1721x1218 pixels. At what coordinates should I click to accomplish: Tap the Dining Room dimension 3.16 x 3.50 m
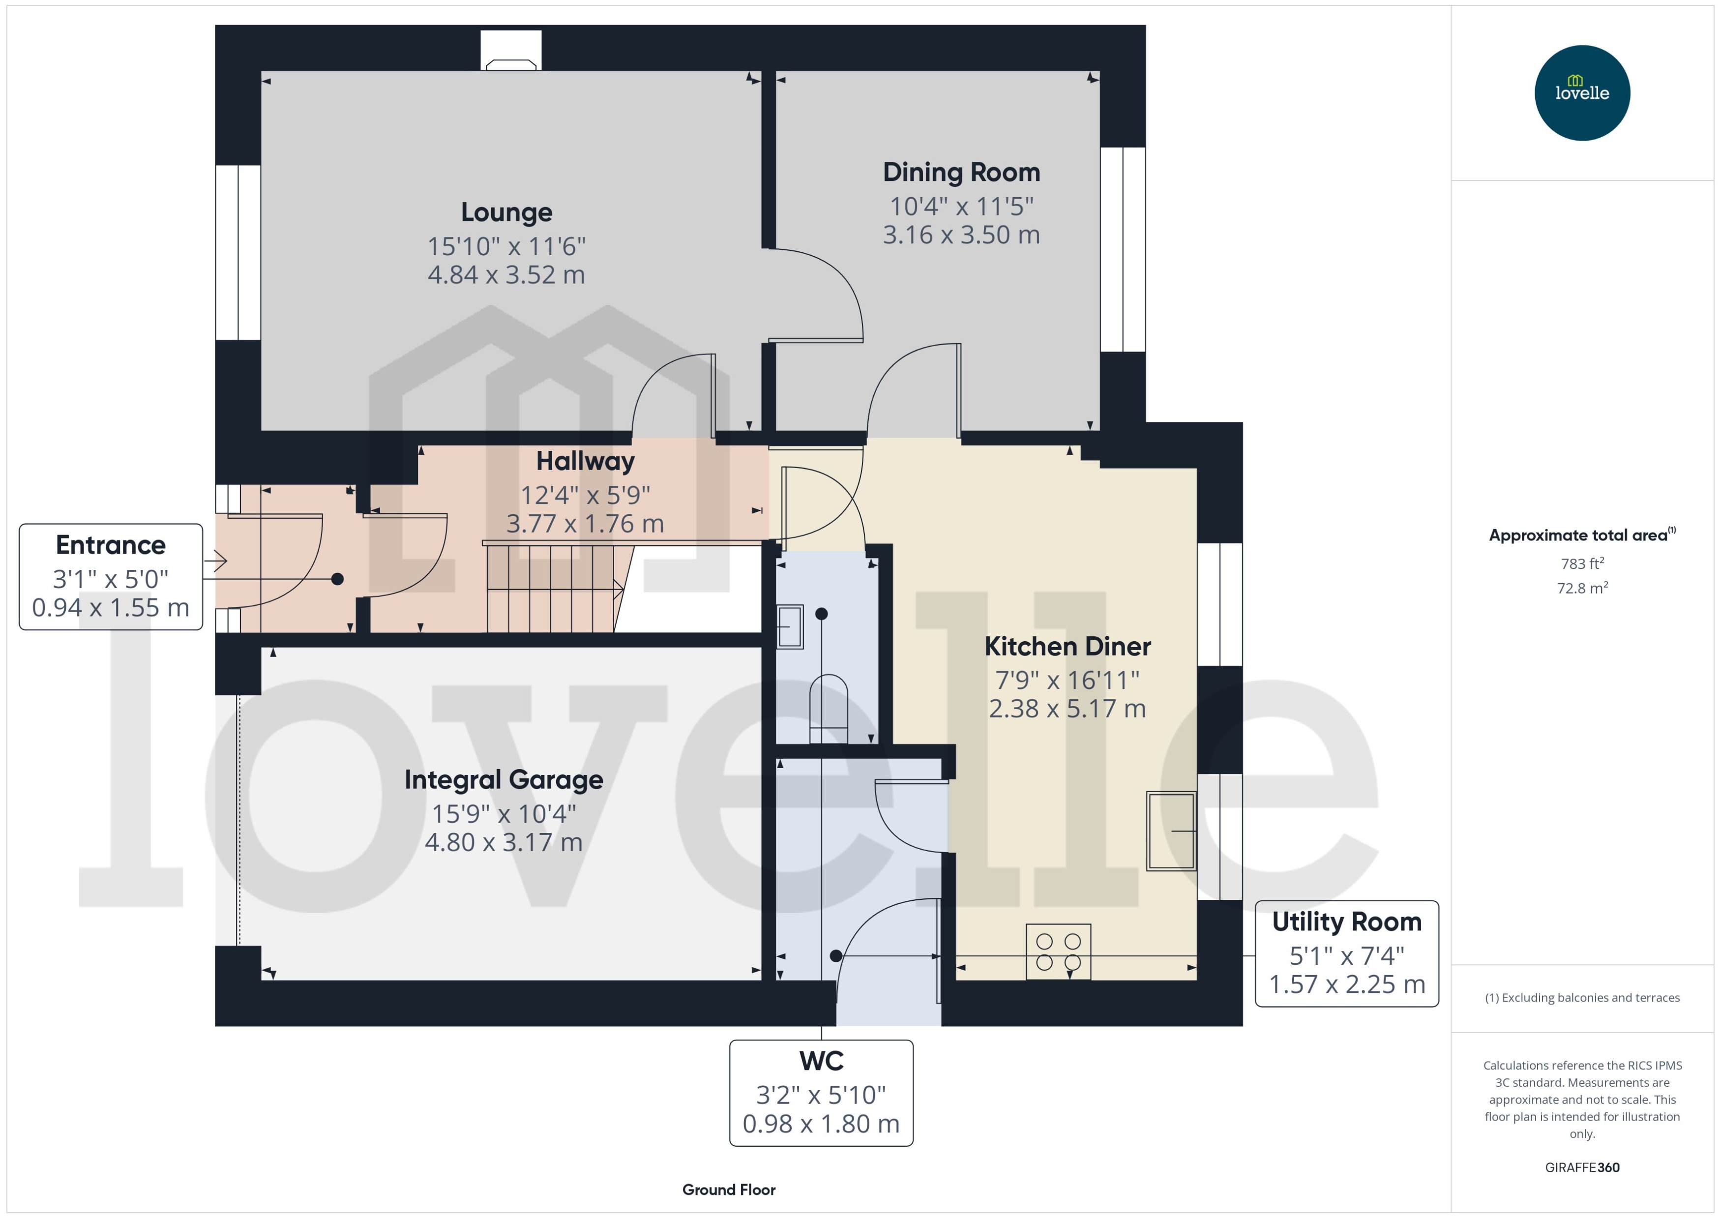tap(961, 235)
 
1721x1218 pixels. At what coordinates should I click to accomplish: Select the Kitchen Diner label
tap(1067, 646)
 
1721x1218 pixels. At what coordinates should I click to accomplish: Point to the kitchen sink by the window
tap(1171, 830)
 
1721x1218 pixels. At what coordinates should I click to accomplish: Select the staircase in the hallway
tap(551, 589)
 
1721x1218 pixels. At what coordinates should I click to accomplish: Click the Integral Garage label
tap(503, 779)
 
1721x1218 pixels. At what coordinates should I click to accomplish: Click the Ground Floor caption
tap(728, 1189)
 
